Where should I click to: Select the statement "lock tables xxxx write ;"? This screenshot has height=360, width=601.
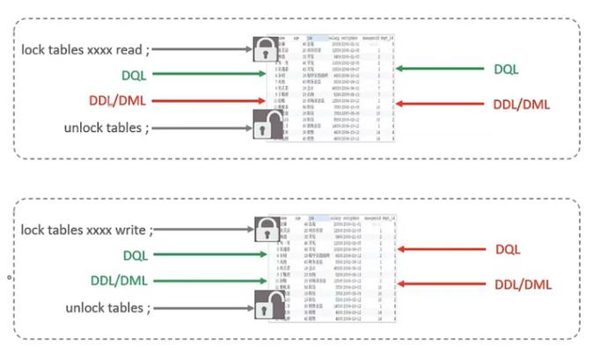[x=88, y=230]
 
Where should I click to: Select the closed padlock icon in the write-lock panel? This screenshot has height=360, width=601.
[x=266, y=231]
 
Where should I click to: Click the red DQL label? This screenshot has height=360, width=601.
[x=508, y=250]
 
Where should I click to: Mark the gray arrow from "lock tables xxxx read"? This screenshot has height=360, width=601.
[x=209, y=48]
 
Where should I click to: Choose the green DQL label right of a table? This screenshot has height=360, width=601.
[x=506, y=69]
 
